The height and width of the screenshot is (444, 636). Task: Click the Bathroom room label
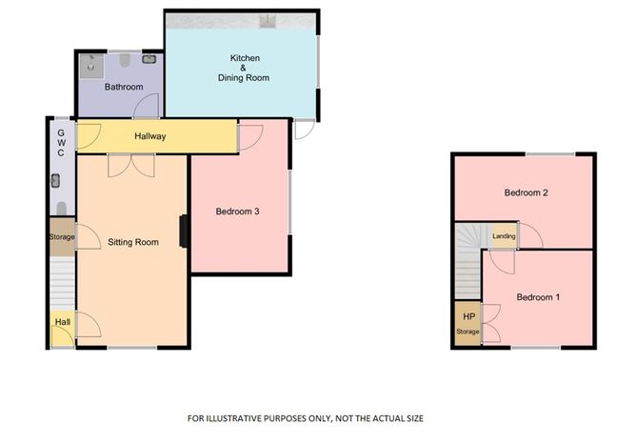point(124,87)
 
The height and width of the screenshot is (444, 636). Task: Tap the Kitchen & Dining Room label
point(244,68)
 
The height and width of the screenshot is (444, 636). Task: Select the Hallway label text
point(150,136)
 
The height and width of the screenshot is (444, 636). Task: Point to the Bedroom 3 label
point(237,212)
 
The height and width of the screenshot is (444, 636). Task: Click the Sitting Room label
point(133,242)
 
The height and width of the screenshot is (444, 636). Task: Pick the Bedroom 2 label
point(527,192)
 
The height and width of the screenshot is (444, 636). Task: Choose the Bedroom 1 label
point(538,297)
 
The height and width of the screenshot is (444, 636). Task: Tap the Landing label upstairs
point(504,236)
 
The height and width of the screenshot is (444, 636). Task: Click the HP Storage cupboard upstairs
point(467,323)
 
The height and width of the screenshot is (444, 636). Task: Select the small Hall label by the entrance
point(63,322)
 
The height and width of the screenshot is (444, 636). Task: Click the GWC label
point(61,143)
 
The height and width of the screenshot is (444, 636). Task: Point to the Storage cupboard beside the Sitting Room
point(63,236)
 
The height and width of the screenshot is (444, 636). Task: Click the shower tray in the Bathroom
point(91,66)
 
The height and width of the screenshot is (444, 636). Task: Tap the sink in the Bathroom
point(149,59)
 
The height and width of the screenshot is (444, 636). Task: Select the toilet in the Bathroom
point(125,60)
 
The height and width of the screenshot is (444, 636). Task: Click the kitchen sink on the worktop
point(268,21)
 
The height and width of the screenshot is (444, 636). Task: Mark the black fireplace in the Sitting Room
point(184,231)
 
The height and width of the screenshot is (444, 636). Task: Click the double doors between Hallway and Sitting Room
point(131,166)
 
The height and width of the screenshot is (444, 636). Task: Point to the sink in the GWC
point(55,181)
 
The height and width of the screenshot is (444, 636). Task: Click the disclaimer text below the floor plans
point(306,418)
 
